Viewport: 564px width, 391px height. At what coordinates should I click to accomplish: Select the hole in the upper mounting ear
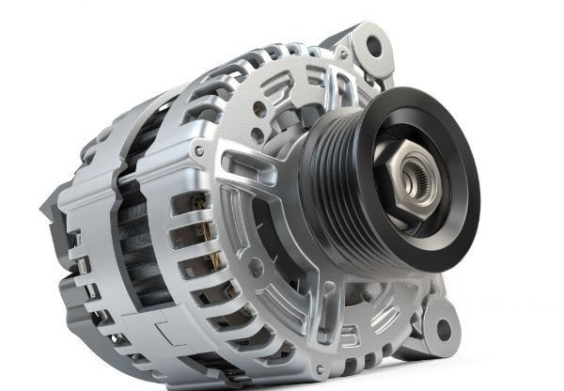tap(373, 44)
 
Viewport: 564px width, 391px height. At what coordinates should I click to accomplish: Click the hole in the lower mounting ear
tap(442, 331)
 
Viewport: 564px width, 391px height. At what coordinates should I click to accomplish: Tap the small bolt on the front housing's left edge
tap(198, 150)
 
